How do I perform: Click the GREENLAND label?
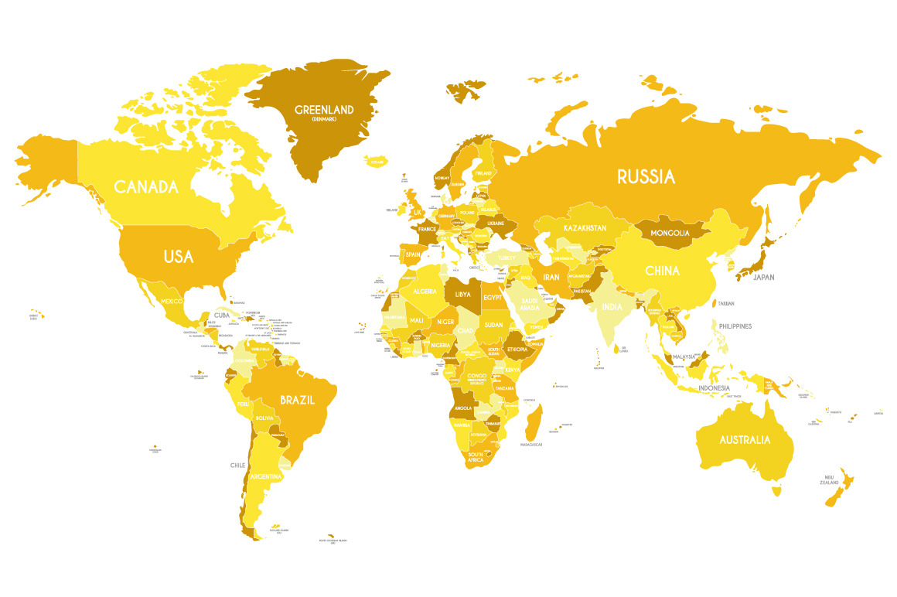coord(324,110)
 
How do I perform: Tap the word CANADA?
coord(146,186)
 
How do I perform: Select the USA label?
coord(178,257)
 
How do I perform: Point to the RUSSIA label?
coord(646,177)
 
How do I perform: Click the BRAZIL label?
coord(297,401)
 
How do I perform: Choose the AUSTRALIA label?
coord(745,440)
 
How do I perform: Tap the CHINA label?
coord(663,271)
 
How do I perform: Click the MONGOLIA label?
coord(670,233)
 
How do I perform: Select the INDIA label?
coord(612,306)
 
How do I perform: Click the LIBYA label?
coord(462,295)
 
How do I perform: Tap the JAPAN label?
coord(763,277)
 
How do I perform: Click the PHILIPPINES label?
coord(735,326)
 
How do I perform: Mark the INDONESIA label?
coord(714,387)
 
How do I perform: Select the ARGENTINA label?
coord(265,476)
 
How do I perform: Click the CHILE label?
coord(237,465)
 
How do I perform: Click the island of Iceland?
coord(377,161)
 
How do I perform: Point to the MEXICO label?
coord(171,300)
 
